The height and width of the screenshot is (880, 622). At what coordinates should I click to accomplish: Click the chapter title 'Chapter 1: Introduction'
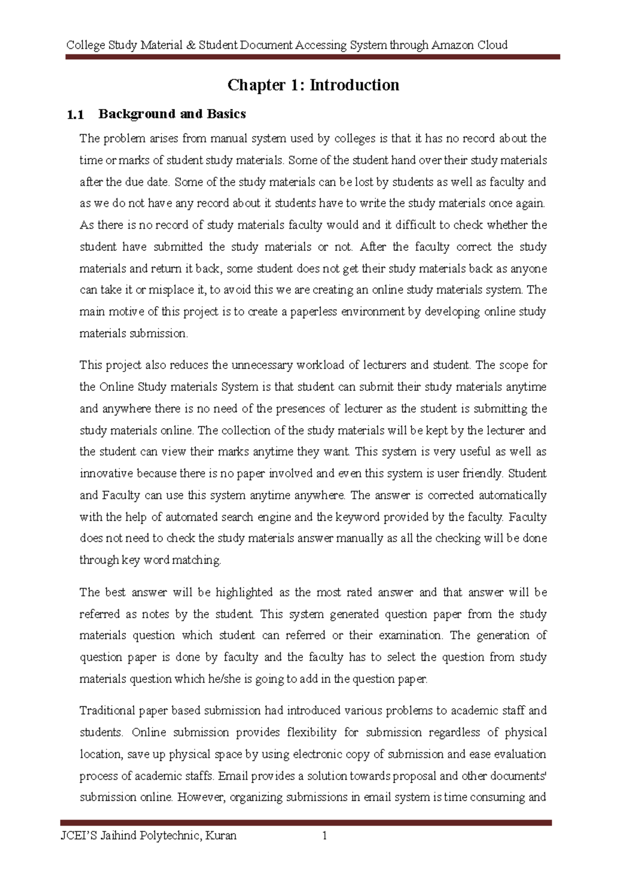313,85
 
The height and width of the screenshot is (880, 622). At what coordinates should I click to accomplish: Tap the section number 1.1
76,115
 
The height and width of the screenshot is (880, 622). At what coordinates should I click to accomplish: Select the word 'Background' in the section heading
130,114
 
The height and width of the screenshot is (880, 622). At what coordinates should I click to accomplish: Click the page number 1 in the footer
324,835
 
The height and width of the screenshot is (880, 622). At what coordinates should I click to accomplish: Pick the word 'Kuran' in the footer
221,835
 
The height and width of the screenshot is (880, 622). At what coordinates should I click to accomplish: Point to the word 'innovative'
106,474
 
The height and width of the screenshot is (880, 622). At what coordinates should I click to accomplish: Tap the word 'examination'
410,635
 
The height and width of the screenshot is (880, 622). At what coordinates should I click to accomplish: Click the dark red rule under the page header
313,57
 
